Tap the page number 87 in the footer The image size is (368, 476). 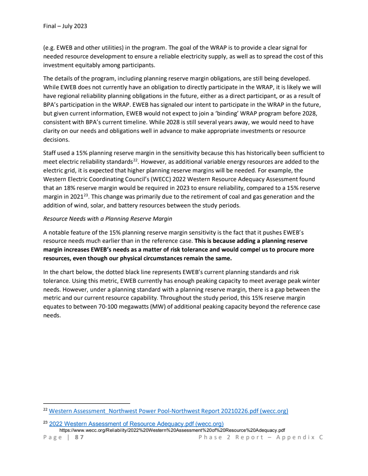[x=79, y=437]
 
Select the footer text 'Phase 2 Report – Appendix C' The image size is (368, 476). [x=261, y=437]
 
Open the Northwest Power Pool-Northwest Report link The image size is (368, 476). [x=168, y=411]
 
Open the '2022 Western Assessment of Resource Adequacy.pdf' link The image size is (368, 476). [x=136, y=424]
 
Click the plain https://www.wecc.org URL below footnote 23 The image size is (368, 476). [x=172, y=430]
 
